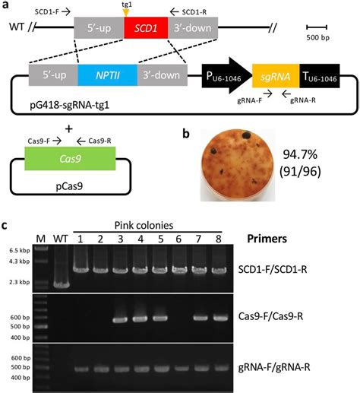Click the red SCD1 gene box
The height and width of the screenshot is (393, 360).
coord(146,28)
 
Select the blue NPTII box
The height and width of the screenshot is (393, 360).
coord(108,75)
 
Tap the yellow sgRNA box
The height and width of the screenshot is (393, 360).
coord(276,76)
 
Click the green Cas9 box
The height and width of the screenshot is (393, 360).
coord(70,159)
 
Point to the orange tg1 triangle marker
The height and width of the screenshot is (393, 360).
coord(126,13)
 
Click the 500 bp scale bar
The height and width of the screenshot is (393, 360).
coord(317,27)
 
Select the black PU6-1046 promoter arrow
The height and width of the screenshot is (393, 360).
coord(227,76)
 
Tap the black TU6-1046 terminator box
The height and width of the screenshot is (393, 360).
coord(320,76)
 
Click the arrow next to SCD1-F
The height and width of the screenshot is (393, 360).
coord(66,11)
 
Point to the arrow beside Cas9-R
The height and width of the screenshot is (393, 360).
coord(81,141)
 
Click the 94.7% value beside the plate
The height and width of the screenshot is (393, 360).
coord(300,154)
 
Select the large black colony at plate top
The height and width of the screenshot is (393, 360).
coord(246,135)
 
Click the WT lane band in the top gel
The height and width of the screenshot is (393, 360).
coord(61,285)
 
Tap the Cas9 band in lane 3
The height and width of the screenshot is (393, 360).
coord(120,320)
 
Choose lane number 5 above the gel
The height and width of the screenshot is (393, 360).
coord(160,239)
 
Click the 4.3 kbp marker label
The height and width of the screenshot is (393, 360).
coord(20,261)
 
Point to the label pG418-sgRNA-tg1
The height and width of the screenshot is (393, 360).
coord(69,105)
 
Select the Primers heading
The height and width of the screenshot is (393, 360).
coord(267,239)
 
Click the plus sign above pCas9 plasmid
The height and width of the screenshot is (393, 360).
coord(69,129)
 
